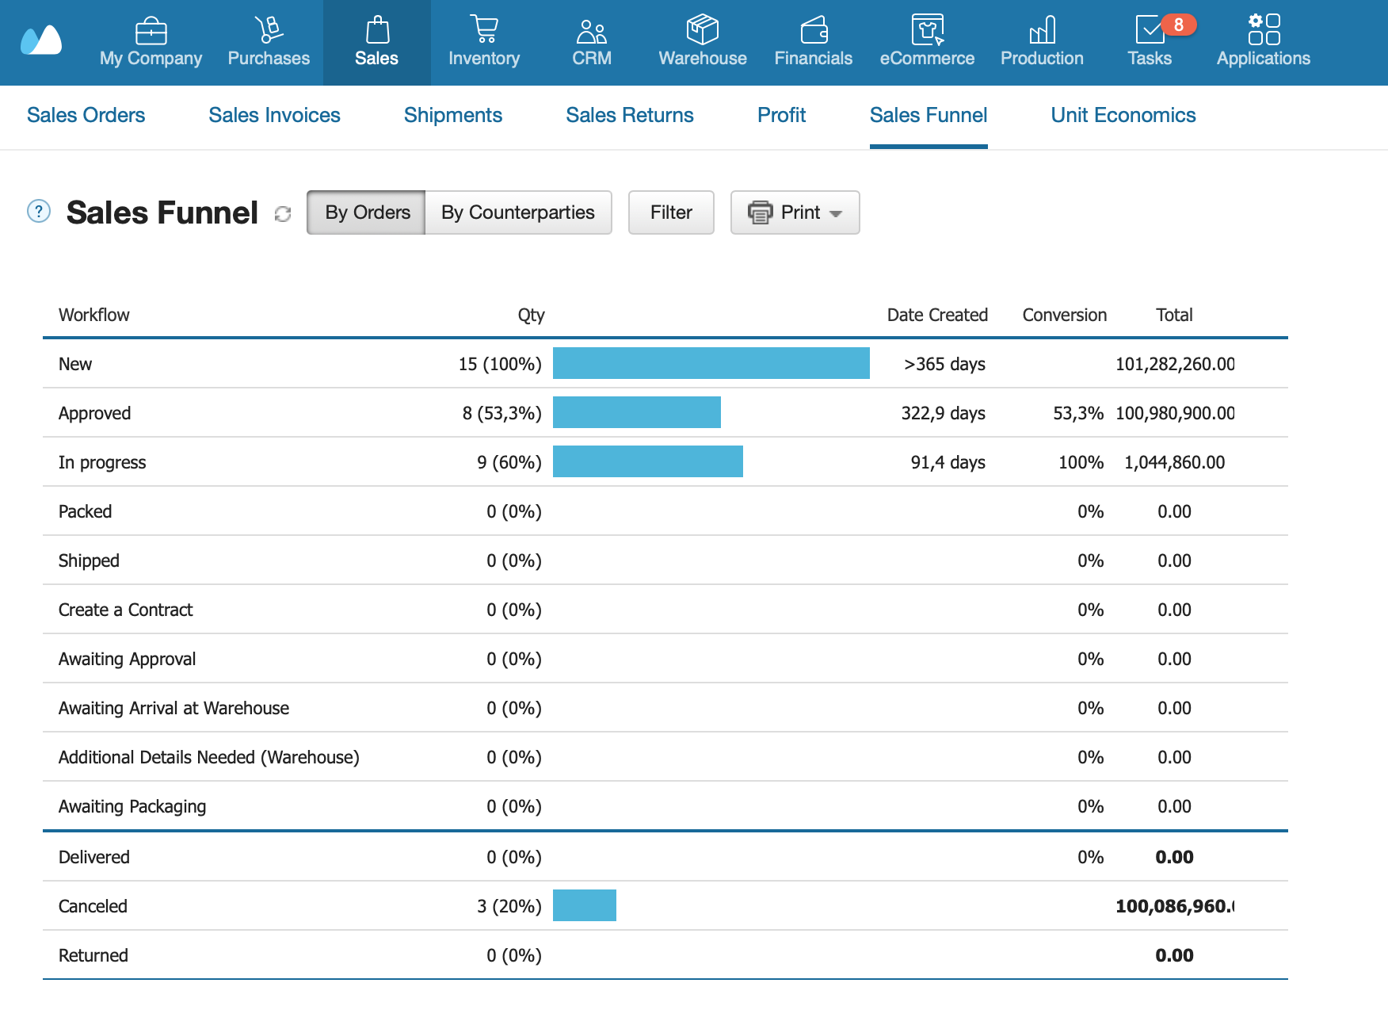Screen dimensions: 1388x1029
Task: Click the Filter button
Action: tap(671, 212)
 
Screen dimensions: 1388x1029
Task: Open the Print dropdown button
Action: tap(795, 212)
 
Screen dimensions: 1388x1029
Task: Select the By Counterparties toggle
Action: tap(518, 212)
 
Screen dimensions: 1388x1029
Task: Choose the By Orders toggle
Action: tap(367, 212)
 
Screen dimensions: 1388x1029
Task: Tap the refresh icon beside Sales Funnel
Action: tap(283, 214)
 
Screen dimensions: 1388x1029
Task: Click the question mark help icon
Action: tap(39, 211)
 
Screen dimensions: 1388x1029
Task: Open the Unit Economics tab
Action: tap(1123, 116)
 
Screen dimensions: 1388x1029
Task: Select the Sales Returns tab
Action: tap(630, 116)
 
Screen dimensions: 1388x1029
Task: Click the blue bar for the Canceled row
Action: tap(585, 905)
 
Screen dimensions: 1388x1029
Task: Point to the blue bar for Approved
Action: tap(637, 412)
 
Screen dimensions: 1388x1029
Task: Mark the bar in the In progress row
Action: tap(648, 461)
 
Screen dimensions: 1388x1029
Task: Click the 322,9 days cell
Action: tap(944, 413)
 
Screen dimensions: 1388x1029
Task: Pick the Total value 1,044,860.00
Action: tap(1174, 462)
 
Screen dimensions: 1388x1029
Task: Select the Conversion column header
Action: tap(1064, 315)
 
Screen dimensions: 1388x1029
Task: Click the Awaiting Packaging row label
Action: tap(132, 806)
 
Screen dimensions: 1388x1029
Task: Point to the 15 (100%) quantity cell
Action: tap(500, 364)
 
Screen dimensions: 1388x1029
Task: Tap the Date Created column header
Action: tap(937, 315)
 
